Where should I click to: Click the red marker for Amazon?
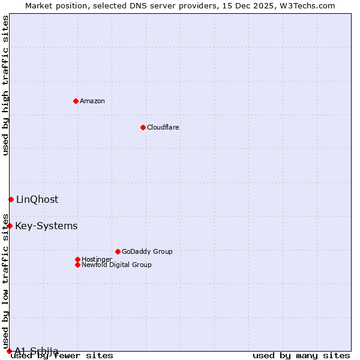(x=76, y=101)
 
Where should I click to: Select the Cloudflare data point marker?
(x=143, y=127)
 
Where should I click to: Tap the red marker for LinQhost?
(x=11, y=199)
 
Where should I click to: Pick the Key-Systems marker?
(x=10, y=226)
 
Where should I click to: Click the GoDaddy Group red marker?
(x=118, y=251)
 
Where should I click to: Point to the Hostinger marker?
(x=77, y=259)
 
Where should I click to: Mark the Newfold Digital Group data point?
(x=77, y=265)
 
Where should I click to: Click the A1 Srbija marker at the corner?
(x=9, y=351)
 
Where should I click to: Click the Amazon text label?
(x=92, y=101)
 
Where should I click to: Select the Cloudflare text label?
(x=163, y=127)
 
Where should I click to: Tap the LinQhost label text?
(x=37, y=199)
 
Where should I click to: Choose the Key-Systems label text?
(x=46, y=226)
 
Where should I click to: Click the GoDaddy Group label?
(x=147, y=251)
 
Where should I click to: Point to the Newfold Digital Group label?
(x=116, y=265)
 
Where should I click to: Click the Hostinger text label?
(x=97, y=259)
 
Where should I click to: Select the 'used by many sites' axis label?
(x=301, y=355)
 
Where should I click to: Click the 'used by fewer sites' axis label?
(x=62, y=355)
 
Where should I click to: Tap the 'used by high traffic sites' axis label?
(x=5, y=85)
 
